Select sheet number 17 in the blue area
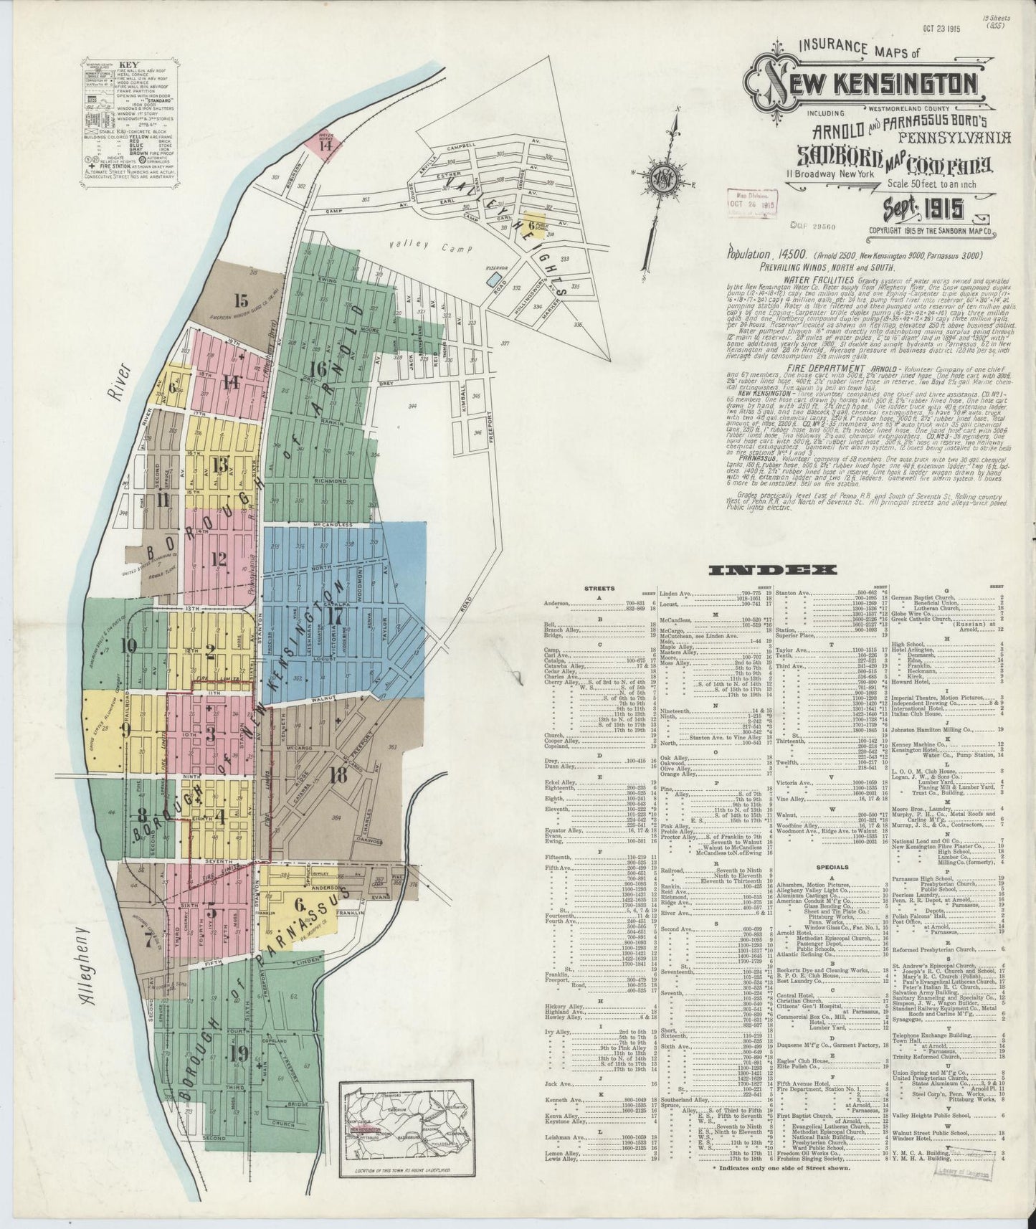(x=333, y=616)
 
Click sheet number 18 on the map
(x=338, y=774)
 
